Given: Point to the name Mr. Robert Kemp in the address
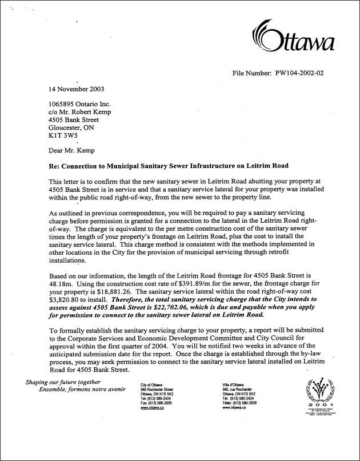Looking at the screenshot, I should pyautogui.click(x=91, y=112).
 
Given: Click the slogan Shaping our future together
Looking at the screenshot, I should pyautogui.click(x=63, y=383).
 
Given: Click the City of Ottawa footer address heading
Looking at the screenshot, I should pyautogui.click(x=151, y=386).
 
